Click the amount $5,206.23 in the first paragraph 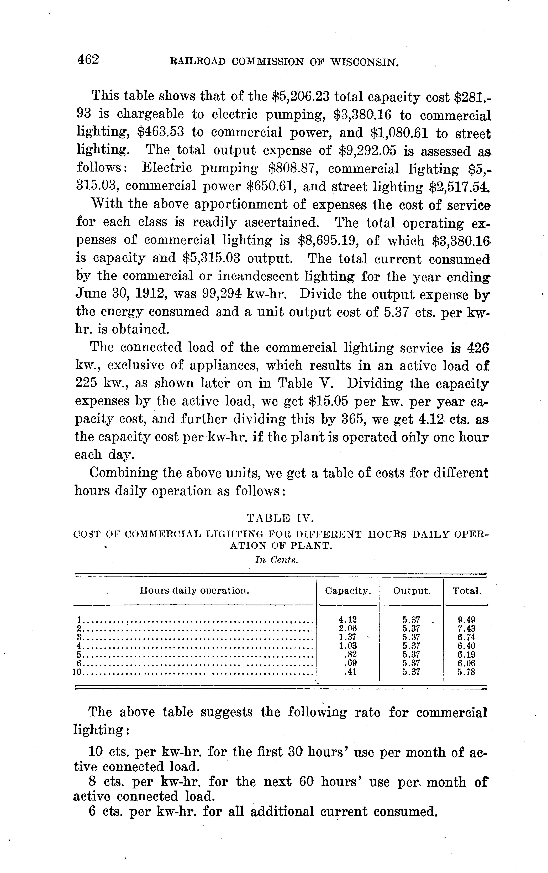click(x=300, y=97)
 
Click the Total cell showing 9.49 click(x=467, y=620)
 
